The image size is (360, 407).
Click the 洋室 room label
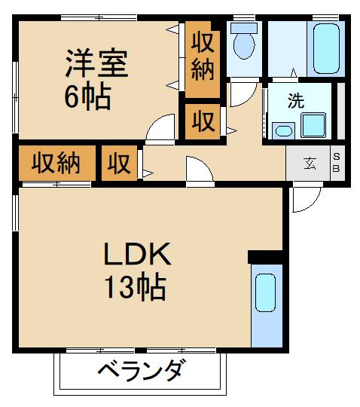click(96, 64)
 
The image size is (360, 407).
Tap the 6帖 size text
click(87, 97)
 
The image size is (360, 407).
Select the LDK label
click(137, 255)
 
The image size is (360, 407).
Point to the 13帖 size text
click(137, 287)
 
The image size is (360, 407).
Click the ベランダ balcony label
click(140, 372)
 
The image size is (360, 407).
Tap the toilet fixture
click(243, 41)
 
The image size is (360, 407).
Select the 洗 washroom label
click(297, 102)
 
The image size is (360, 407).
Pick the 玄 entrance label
click(310, 163)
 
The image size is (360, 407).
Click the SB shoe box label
click(337, 163)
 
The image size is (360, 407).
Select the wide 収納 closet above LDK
click(56, 162)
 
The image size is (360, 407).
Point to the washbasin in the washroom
click(283, 130)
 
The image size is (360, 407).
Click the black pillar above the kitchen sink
click(264, 257)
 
